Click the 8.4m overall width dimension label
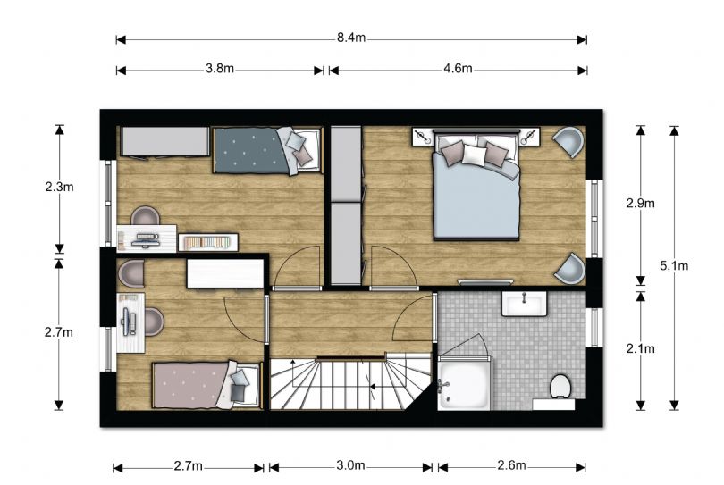(351, 38)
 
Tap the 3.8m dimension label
(220, 69)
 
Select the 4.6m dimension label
(458, 69)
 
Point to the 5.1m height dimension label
(674, 265)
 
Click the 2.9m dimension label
(640, 203)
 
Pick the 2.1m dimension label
(640, 349)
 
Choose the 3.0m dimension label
(351, 465)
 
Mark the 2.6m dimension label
(511, 465)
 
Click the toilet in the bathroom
(561, 387)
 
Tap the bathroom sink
(524, 304)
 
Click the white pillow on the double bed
(475, 155)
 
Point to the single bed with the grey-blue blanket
(266, 151)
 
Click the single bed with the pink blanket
(206, 385)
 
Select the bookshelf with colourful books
(208, 242)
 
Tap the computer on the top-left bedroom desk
(145, 239)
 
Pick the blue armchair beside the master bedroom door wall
(570, 269)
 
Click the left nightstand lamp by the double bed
(423, 137)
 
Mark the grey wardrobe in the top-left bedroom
(164, 142)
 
